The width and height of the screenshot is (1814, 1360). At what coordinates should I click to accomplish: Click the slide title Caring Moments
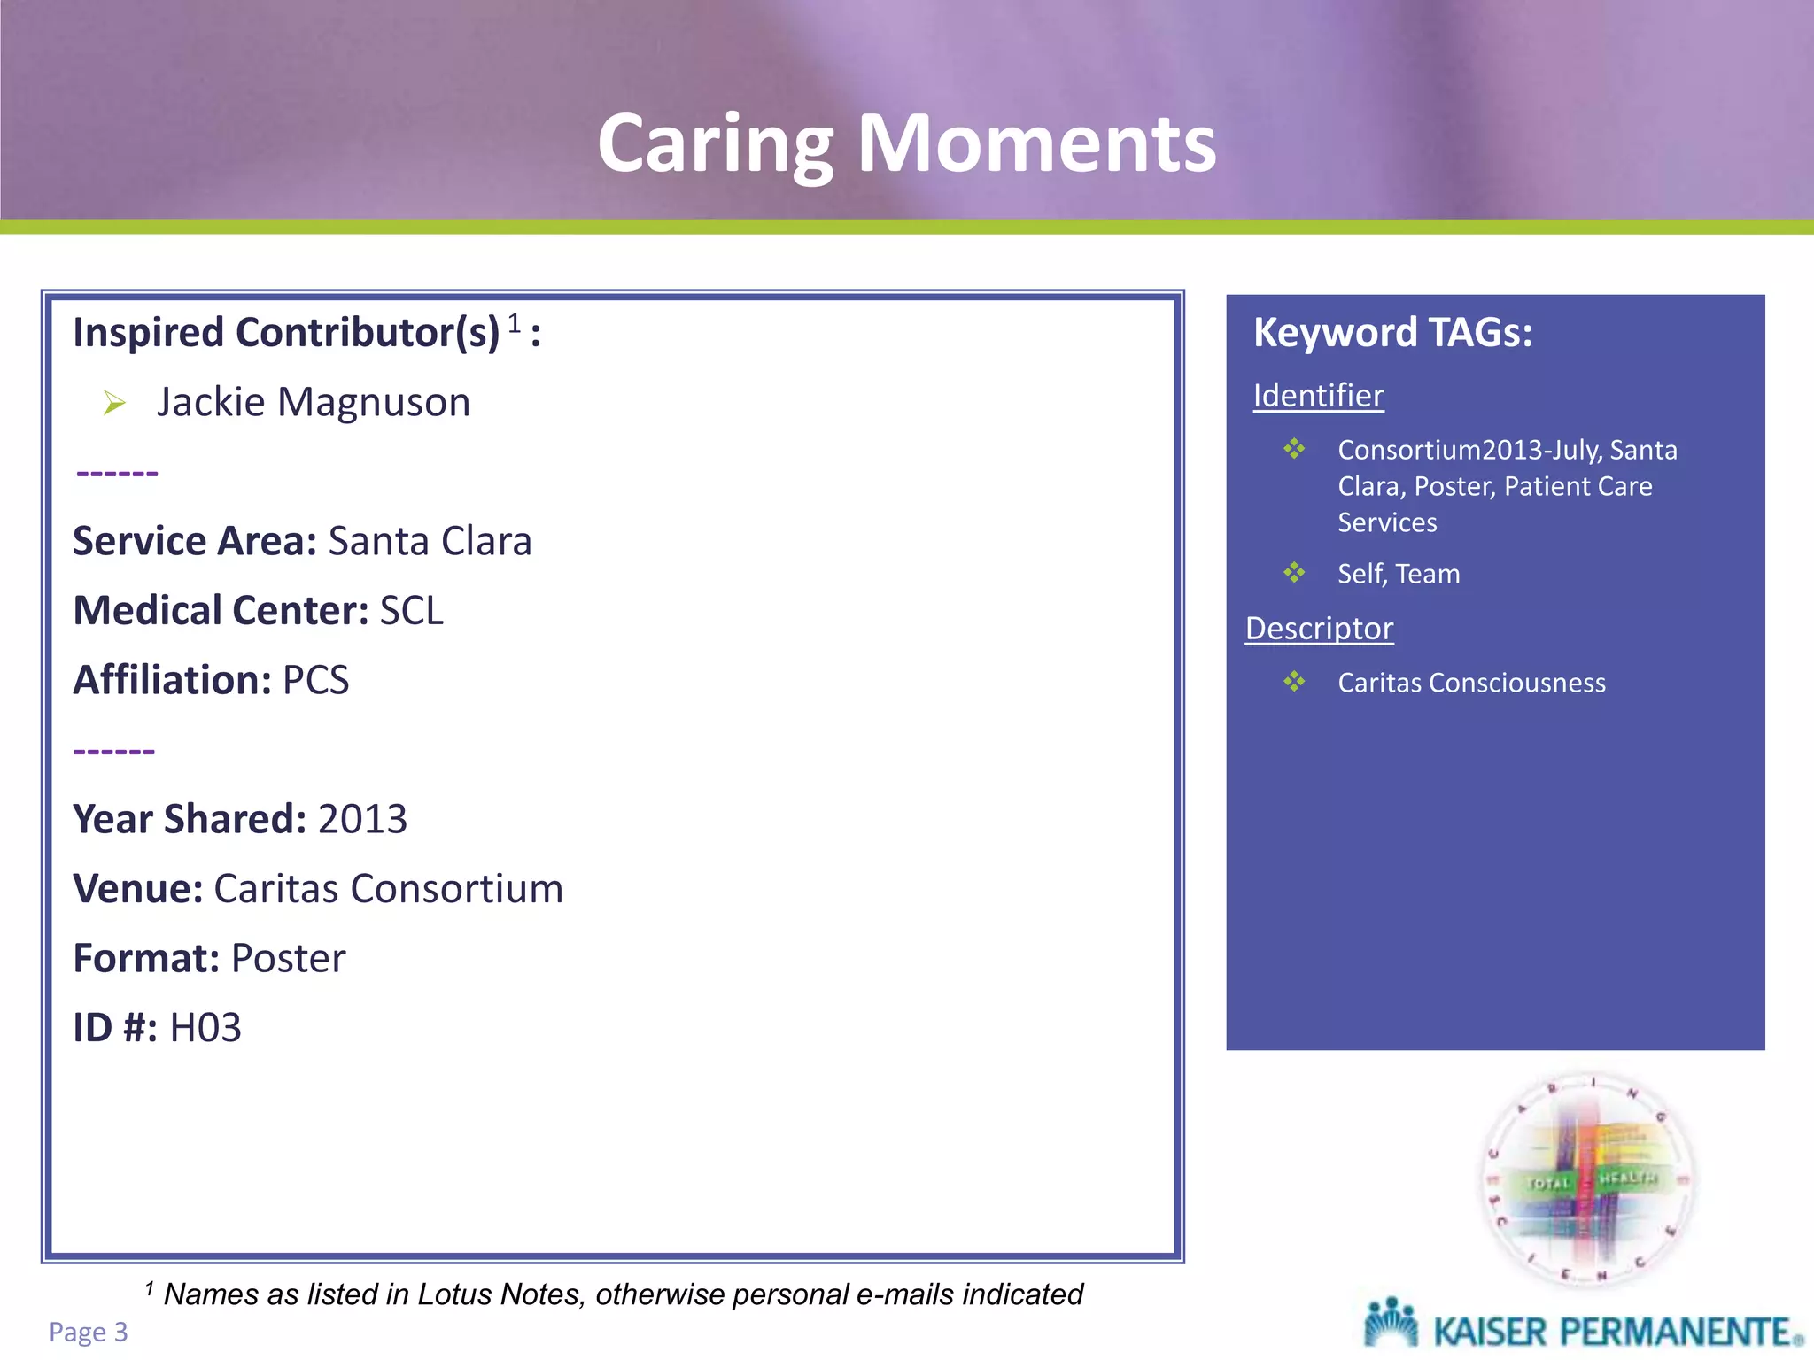(906, 143)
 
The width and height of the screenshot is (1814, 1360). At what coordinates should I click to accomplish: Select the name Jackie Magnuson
(314, 403)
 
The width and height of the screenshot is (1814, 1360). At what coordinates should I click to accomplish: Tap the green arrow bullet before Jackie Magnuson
(114, 404)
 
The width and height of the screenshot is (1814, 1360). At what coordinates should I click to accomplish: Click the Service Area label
(194, 541)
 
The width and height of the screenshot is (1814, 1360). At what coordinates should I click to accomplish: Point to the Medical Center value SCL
(411, 611)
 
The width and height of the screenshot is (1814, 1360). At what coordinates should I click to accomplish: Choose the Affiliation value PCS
(315, 681)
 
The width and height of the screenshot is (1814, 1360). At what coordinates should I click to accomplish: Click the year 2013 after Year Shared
(362, 819)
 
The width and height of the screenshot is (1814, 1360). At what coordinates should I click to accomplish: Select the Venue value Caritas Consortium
(388, 889)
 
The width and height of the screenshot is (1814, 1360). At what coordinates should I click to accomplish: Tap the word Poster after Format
(288, 959)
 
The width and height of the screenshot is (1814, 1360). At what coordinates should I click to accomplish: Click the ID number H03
(205, 1029)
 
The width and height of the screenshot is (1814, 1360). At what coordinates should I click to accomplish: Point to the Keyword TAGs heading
(1392, 333)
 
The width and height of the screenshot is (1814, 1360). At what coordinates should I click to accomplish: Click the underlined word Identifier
(1318, 396)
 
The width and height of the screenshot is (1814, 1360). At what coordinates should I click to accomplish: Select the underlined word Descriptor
(1319, 629)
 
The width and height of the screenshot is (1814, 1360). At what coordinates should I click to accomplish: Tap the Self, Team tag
(1399, 575)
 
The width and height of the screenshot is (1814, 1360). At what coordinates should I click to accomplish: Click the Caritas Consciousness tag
(1471, 684)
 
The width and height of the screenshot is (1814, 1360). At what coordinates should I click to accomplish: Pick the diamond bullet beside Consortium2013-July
(1294, 449)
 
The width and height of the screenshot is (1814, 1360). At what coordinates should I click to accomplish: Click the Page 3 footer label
(88, 1332)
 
